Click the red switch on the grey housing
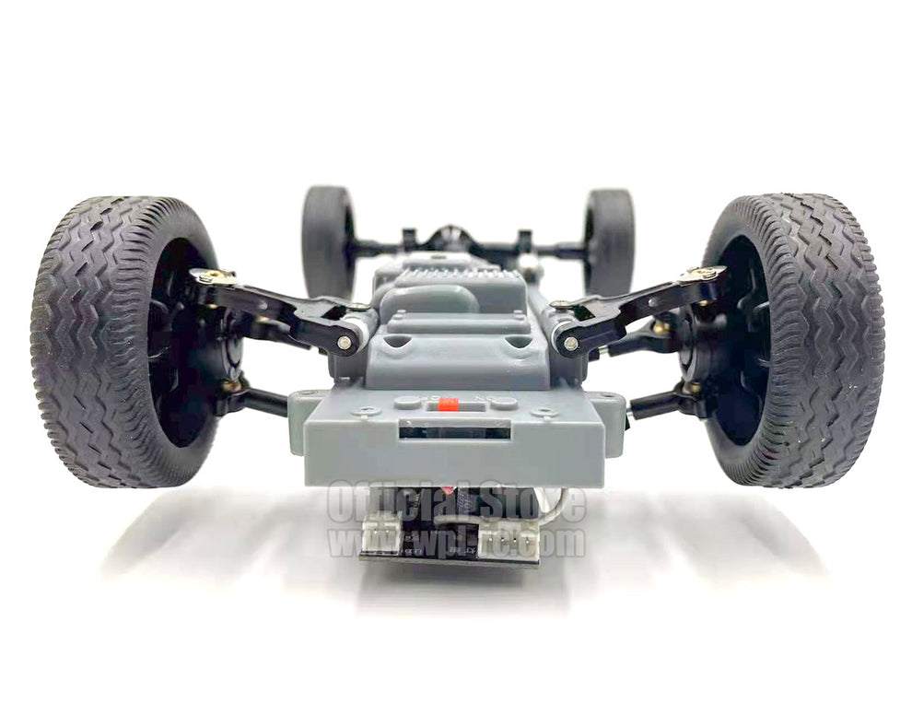pos(449,404)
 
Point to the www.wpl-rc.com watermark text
pos(457,542)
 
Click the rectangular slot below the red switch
pos(454,430)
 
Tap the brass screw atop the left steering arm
pos(213,275)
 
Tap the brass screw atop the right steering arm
pos(704,273)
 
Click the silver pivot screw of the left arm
pos(345,342)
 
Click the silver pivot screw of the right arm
pos(571,344)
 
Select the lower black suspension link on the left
pos(258,400)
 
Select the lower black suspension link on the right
pos(658,400)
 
